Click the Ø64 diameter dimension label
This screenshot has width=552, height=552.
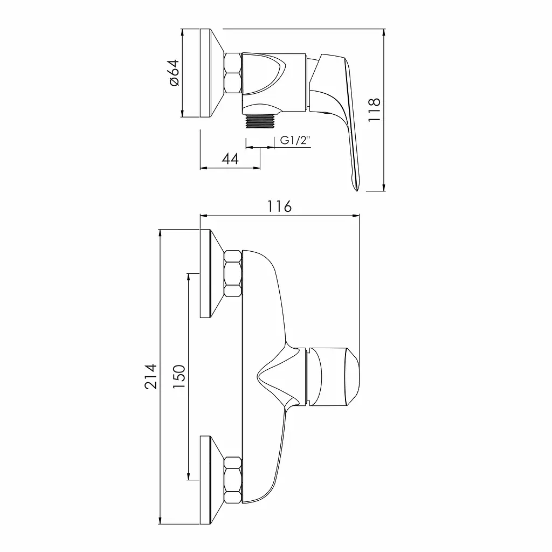click(174, 73)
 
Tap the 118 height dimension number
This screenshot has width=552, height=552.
click(374, 110)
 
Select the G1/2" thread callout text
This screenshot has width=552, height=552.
click(295, 141)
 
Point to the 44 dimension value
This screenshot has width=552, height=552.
click(230, 159)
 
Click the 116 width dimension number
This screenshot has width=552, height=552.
click(280, 206)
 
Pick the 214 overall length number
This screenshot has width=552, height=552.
click(150, 376)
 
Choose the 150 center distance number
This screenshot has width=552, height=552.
click(179, 376)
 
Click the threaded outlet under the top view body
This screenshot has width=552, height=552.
click(260, 121)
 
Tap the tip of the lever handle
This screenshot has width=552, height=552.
click(357, 190)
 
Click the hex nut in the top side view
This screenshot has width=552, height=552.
click(233, 73)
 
